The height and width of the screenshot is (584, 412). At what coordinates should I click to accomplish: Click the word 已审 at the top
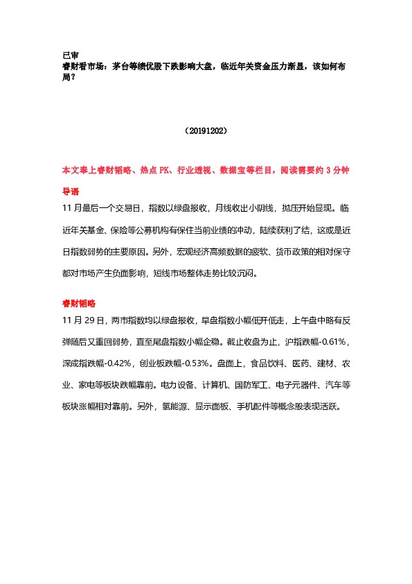(x=69, y=55)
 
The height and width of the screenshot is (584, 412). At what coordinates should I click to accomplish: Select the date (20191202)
(x=206, y=130)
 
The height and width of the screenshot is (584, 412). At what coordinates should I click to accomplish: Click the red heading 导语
(x=69, y=191)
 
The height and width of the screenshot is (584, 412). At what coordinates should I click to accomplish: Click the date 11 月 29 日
(x=82, y=321)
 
